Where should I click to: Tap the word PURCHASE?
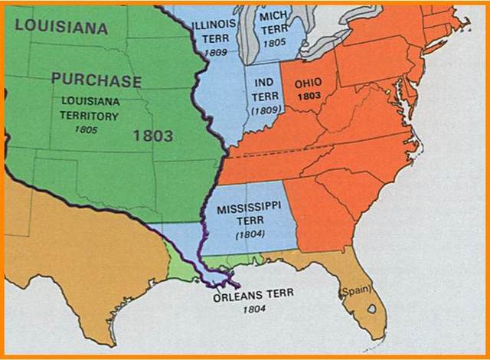coord(96,80)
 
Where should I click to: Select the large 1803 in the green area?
coord(153,136)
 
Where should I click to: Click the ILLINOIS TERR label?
coord(215,30)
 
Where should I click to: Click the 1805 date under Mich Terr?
coord(273,43)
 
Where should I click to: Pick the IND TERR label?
coord(262,87)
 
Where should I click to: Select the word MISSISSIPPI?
coord(249,208)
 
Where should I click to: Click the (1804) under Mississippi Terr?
coord(249,234)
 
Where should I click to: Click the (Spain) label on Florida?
coord(354,291)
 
